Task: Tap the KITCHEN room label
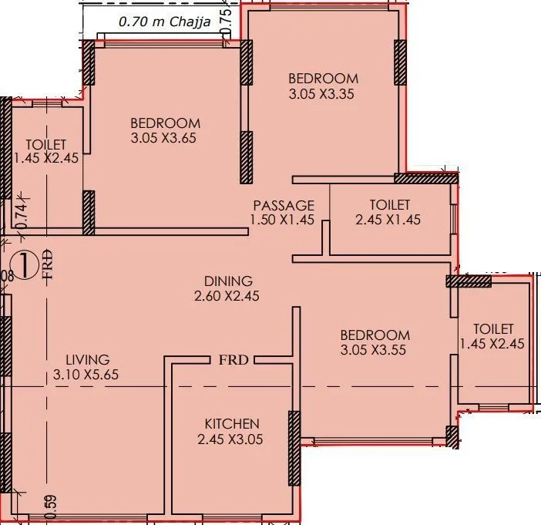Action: point(231,423)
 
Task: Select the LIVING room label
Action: point(87,359)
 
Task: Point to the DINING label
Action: point(228,281)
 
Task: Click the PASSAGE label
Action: point(284,205)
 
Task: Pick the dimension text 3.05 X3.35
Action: point(323,94)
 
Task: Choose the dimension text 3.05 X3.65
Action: point(165,139)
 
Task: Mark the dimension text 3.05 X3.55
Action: point(375,350)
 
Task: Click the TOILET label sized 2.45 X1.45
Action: point(390,205)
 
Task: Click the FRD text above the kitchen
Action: point(233,360)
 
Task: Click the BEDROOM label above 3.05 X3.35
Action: point(323,78)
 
